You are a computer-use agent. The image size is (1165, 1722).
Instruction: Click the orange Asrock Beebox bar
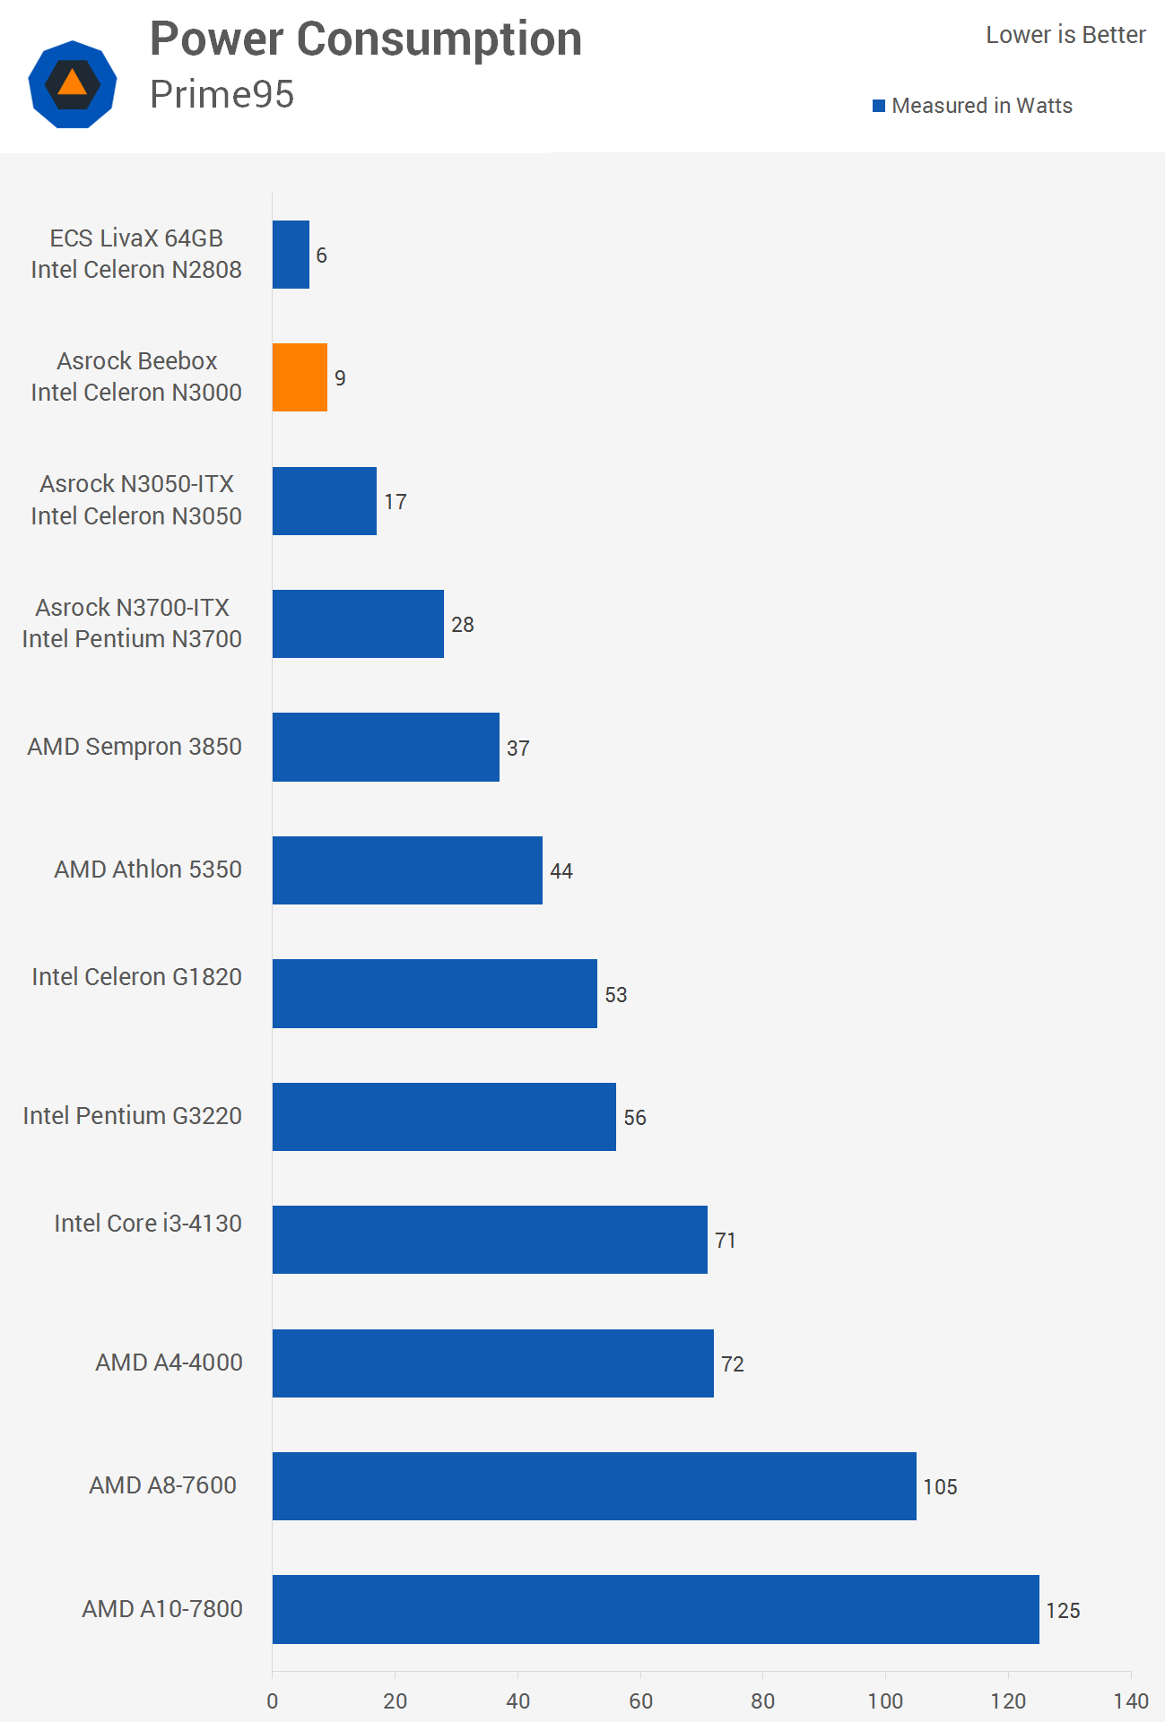pyautogui.click(x=300, y=377)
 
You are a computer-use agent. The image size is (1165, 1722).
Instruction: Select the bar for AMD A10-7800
pyautogui.click(x=655, y=1609)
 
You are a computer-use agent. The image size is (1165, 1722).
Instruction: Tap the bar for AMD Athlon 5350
pyautogui.click(x=407, y=870)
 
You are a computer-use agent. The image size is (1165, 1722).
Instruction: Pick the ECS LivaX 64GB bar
pyautogui.click(x=291, y=255)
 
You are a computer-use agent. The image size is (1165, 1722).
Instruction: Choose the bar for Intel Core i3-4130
pyautogui.click(x=490, y=1240)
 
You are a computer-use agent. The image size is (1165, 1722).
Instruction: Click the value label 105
pyautogui.click(x=940, y=1487)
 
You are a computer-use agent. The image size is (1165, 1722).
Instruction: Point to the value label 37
pyautogui.click(x=518, y=749)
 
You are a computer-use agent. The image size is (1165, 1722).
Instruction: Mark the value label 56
pyautogui.click(x=635, y=1118)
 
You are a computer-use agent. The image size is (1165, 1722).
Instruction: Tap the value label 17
pyautogui.click(x=396, y=502)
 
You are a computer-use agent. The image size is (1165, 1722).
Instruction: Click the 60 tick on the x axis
pyautogui.click(x=640, y=1700)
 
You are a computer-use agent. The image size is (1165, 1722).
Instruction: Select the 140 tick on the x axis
pyautogui.click(x=1131, y=1700)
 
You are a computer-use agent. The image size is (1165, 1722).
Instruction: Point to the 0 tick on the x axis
pyautogui.click(x=273, y=1700)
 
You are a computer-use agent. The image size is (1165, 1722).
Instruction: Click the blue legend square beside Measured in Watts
pyautogui.click(x=879, y=106)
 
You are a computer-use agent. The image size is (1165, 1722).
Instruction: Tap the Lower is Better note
pyautogui.click(x=1065, y=35)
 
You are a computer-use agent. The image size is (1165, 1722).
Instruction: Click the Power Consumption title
pyautogui.click(x=366, y=39)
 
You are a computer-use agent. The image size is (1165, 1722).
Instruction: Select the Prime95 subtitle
pyautogui.click(x=222, y=94)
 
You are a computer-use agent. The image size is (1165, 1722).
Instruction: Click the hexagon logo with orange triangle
pyautogui.click(x=73, y=84)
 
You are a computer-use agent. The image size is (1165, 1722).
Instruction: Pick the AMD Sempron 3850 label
pyautogui.click(x=135, y=747)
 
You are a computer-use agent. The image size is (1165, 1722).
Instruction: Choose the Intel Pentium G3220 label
pyautogui.click(x=133, y=1116)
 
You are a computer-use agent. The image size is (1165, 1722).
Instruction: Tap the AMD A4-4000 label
pyautogui.click(x=170, y=1363)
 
